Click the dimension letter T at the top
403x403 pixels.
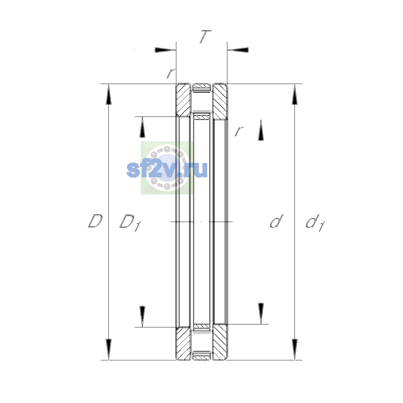206,37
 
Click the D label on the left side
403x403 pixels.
95,221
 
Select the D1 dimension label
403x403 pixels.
130,223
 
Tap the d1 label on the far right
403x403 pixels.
315,223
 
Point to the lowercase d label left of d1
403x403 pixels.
276,221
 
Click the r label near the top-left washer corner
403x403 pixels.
171,74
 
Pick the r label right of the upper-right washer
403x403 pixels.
239,131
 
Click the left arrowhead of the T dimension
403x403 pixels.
165,50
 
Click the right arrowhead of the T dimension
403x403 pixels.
238,50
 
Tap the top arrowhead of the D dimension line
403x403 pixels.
108,94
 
